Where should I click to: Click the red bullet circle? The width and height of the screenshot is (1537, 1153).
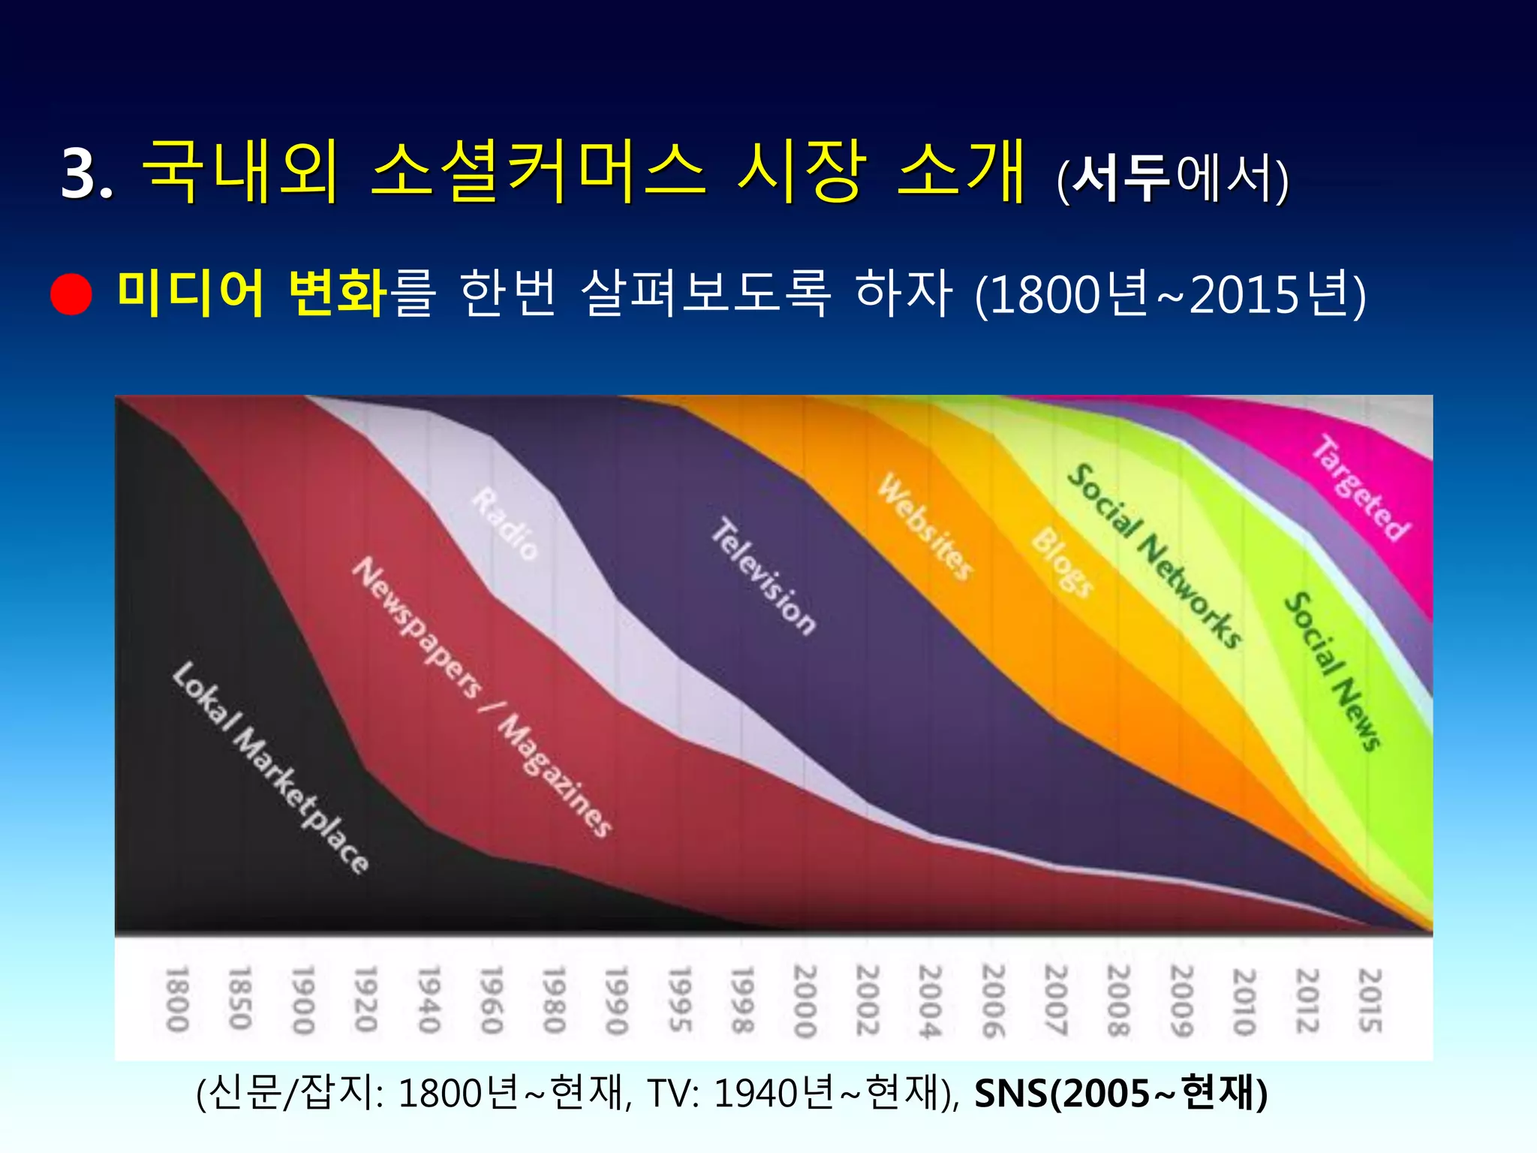71,294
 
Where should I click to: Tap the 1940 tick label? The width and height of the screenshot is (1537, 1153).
428,999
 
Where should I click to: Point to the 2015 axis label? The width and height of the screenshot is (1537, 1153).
1370,1001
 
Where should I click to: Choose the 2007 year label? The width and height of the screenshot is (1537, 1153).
1055,1001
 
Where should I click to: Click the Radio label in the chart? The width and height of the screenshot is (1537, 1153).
505,524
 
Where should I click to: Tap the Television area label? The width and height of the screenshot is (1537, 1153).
763,576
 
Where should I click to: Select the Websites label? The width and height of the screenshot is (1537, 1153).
926,526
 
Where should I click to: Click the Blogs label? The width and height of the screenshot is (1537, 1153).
1063,562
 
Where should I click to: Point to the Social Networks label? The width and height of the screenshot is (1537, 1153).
1154,555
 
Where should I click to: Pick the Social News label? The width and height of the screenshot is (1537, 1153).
1332,671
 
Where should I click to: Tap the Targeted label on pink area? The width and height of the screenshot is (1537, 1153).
1361,487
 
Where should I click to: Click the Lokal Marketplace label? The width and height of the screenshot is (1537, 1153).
270,767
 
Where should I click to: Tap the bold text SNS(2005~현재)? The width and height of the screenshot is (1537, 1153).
1120,1093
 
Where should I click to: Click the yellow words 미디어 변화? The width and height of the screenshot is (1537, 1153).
252,293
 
